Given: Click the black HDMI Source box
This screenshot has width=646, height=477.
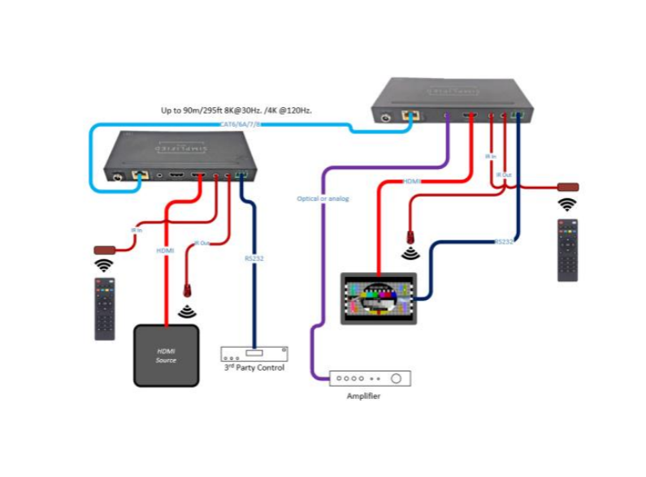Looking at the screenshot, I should [166, 355].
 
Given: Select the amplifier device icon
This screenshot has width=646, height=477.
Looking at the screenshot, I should [369, 378].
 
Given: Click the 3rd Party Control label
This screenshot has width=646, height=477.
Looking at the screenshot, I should [254, 368].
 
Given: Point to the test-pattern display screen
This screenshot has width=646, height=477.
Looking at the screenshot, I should [378, 299].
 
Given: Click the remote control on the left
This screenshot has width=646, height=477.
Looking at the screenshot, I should [105, 308].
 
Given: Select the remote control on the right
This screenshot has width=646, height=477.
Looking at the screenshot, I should [567, 249].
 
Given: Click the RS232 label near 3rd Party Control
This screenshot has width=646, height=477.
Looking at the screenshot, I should [254, 258].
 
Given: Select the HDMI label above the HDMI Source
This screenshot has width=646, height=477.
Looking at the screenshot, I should [165, 251].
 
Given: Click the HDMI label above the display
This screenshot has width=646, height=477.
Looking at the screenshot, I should [412, 182].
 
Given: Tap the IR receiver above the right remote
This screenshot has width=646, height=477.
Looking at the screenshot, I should [566, 187].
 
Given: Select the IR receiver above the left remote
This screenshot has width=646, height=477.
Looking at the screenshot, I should [104, 249].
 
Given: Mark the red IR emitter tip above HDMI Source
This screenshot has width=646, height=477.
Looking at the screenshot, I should [188, 288].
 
